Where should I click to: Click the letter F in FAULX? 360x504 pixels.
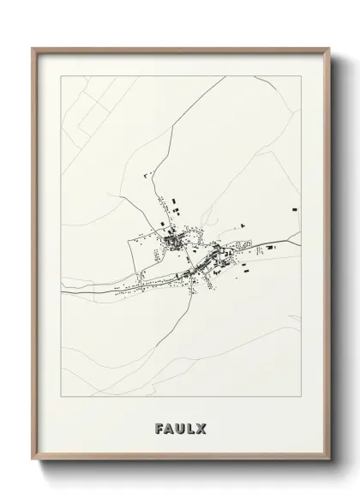click(x=159, y=428)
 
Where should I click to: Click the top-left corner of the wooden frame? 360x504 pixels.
click(x=33, y=48)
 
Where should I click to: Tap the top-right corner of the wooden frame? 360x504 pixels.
click(x=328, y=48)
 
